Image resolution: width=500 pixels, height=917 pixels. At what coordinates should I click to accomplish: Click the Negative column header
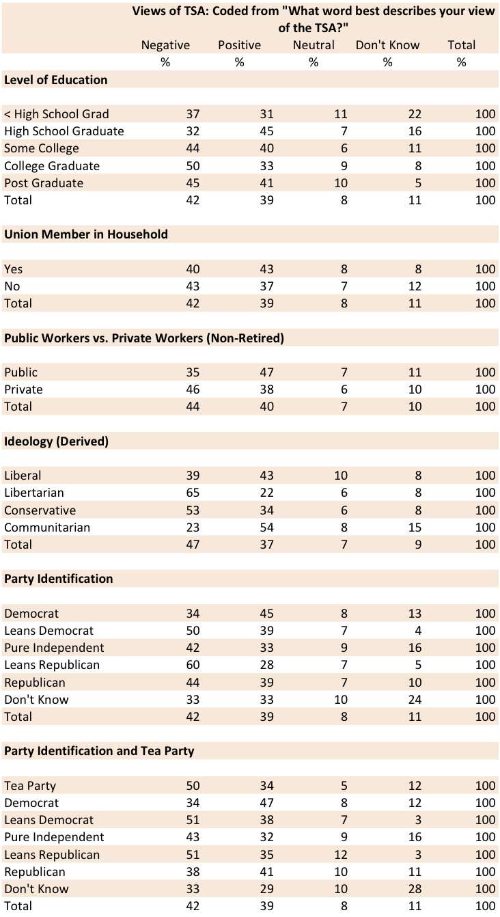(165, 45)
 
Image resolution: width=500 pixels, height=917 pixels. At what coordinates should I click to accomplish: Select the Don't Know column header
(387, 45)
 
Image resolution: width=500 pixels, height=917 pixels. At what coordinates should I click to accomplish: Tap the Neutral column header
(314, 45)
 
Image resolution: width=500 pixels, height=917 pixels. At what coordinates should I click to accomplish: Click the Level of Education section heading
(55, 80)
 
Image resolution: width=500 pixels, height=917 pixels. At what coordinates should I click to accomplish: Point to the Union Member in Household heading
(86, 234)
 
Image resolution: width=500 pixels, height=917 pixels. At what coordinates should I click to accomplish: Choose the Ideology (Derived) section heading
(57, 441)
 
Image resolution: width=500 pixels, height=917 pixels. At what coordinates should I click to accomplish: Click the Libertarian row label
(34, 493)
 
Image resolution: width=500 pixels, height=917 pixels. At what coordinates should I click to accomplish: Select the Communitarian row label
(47, 528)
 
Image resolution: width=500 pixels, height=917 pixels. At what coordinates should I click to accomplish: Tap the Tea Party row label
(30, 786)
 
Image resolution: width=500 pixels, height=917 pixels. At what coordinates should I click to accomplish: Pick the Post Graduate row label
(44, 183)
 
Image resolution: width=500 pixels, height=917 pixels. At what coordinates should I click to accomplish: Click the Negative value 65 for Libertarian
(193, 493)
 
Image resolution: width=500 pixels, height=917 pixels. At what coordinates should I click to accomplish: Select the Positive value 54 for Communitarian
(267, 528)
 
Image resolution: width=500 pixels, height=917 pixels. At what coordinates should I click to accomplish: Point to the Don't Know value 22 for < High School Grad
(415, 114)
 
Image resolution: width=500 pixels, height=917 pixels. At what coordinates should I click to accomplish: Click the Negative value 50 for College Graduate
(193, 166)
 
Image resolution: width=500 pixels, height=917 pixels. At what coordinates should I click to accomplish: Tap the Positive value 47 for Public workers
(267, 372)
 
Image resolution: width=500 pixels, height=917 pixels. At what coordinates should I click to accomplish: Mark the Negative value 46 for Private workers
(193, 389)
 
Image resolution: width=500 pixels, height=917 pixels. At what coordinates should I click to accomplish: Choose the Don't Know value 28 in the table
(415, 889)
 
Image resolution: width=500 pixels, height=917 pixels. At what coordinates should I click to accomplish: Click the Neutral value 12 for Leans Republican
(341, 855)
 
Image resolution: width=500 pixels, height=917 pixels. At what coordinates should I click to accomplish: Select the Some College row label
(42, 148)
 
